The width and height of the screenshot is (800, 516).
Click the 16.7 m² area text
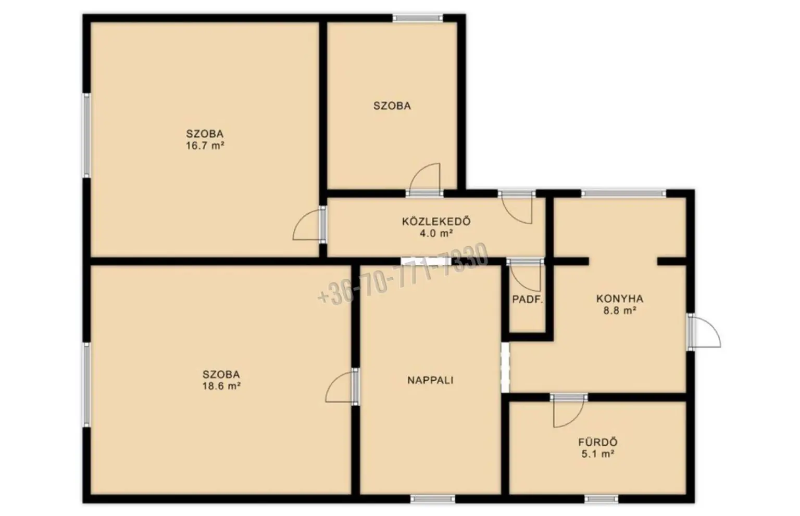(205, 146)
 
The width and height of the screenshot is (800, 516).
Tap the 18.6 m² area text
(221, 386)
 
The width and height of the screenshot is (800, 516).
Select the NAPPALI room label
(430, 380)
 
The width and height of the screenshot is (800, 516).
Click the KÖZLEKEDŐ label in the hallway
(436, 221)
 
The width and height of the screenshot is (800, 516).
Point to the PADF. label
(528, 300)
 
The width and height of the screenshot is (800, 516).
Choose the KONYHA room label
(620, 299)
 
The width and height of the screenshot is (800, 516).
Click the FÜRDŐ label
(598, 442)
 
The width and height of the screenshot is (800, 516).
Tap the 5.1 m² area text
(598, 454)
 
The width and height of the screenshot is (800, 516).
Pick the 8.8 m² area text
(620, 311)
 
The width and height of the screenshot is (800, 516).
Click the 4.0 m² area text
(436, 234)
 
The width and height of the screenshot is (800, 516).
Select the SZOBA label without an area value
(392, 106)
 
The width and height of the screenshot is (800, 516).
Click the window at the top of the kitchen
(623, 193)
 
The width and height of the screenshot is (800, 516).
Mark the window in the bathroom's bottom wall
(601, 499)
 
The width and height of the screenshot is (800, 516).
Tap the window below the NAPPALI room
(432, 499)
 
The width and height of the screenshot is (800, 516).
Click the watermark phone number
(403, 274)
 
